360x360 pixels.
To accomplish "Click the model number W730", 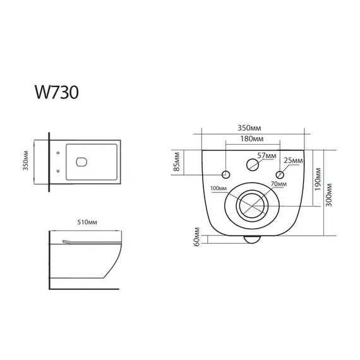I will [56, 92].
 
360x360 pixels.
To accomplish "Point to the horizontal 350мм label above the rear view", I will [251, 126].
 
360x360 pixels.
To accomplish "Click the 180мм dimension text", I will [251, 139].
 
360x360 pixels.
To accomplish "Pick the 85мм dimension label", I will [177, 162].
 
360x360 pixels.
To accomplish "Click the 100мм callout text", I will [218, 189].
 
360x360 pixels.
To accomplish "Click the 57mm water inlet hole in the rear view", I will [251, 165].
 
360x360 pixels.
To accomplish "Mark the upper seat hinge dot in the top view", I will [58, 152].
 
